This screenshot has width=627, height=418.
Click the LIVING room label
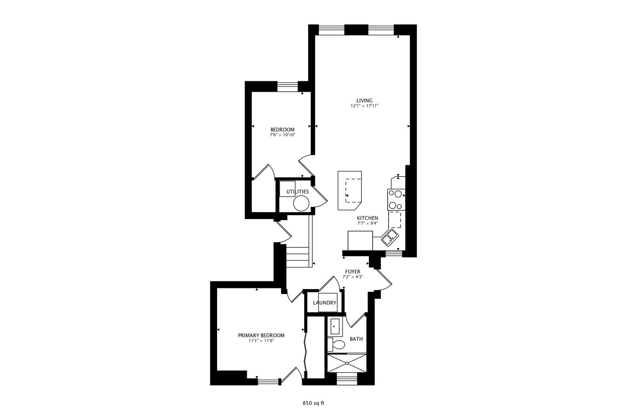(364, 101)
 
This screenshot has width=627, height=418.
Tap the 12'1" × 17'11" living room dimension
(364, 106)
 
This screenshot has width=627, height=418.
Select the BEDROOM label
(282, 130)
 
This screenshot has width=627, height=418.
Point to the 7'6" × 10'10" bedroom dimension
(282, 135)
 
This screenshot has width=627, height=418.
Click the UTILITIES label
(297, 192)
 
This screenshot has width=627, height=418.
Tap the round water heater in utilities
(301, 203)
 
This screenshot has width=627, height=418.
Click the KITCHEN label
(367, 218)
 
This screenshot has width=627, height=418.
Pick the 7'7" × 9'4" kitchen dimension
(367, 223)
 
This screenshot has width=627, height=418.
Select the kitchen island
(349, 190)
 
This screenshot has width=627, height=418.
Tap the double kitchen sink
(389, 237)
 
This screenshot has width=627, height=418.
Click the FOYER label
(353, 272)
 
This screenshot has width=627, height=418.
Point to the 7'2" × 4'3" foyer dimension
(353, 277)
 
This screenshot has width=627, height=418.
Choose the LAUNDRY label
(325, 303)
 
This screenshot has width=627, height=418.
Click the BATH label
(356, 339)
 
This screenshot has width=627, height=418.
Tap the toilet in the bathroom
(338, 344)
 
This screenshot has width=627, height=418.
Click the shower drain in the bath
(347, 363)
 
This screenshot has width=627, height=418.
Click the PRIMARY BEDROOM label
(261, 336)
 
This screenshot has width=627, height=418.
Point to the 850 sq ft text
(313, 403)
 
